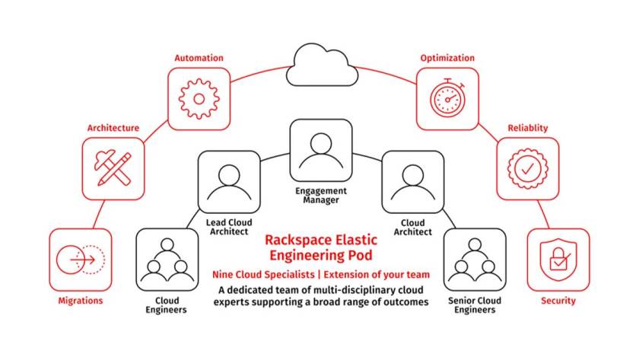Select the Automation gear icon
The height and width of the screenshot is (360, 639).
point(199,98)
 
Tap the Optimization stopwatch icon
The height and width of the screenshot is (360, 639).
point(447,98)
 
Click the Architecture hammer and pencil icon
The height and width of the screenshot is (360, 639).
point(113,168)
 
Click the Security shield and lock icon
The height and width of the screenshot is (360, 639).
point(558,260)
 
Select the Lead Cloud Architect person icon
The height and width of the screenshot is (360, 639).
point(228,181)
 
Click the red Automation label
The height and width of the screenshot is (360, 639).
point(199,58)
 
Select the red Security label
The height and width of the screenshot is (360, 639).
point(558,301)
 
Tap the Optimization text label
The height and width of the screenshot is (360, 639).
point(447,58)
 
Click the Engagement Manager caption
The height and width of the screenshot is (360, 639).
point(320,196)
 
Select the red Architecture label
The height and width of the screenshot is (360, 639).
point(113,128)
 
